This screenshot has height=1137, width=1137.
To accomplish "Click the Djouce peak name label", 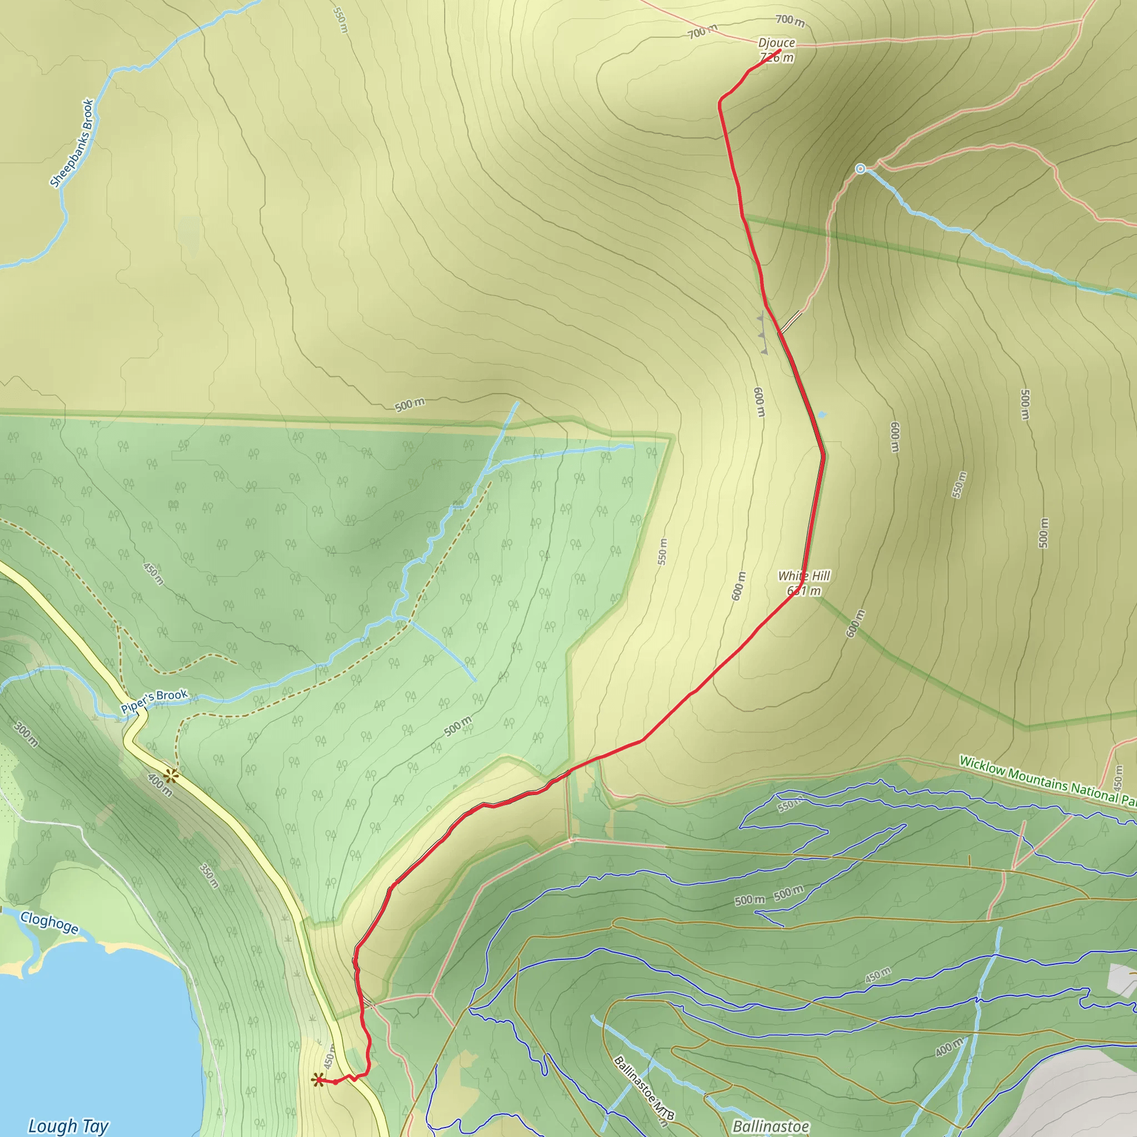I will [x=776, y=43].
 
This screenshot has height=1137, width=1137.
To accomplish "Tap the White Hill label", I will [x=804, y=576].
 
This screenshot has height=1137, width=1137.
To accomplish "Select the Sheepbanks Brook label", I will [x=72, y=143].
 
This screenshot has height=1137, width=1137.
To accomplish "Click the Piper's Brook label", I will [x=154, y=701].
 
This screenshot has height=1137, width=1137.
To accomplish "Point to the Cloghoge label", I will [x=49, y=922].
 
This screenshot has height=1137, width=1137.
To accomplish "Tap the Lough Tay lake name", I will [x=68, y=1126].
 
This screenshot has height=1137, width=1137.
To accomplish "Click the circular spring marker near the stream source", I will [x=861, y=169].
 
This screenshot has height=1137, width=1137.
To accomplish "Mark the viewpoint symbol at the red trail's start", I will [x=318, y=1079].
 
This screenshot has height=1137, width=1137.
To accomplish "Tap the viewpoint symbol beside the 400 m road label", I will [x=171, y=776].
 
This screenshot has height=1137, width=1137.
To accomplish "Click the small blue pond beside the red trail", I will [x=822, y=415].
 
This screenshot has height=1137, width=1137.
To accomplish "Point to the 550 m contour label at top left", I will [x=340, y=20].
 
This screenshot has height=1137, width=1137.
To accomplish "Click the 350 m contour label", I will [x=209, y=876].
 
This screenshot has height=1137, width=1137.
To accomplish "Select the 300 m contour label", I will [x=27, y=735].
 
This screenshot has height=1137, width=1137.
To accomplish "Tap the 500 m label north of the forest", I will [x=410, y=405].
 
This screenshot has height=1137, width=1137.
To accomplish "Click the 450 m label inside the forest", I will [x=153, y=574].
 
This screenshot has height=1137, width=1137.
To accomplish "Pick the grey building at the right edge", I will [x=1121, y=980].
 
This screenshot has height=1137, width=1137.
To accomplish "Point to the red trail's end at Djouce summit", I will [x=779, y=51].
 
